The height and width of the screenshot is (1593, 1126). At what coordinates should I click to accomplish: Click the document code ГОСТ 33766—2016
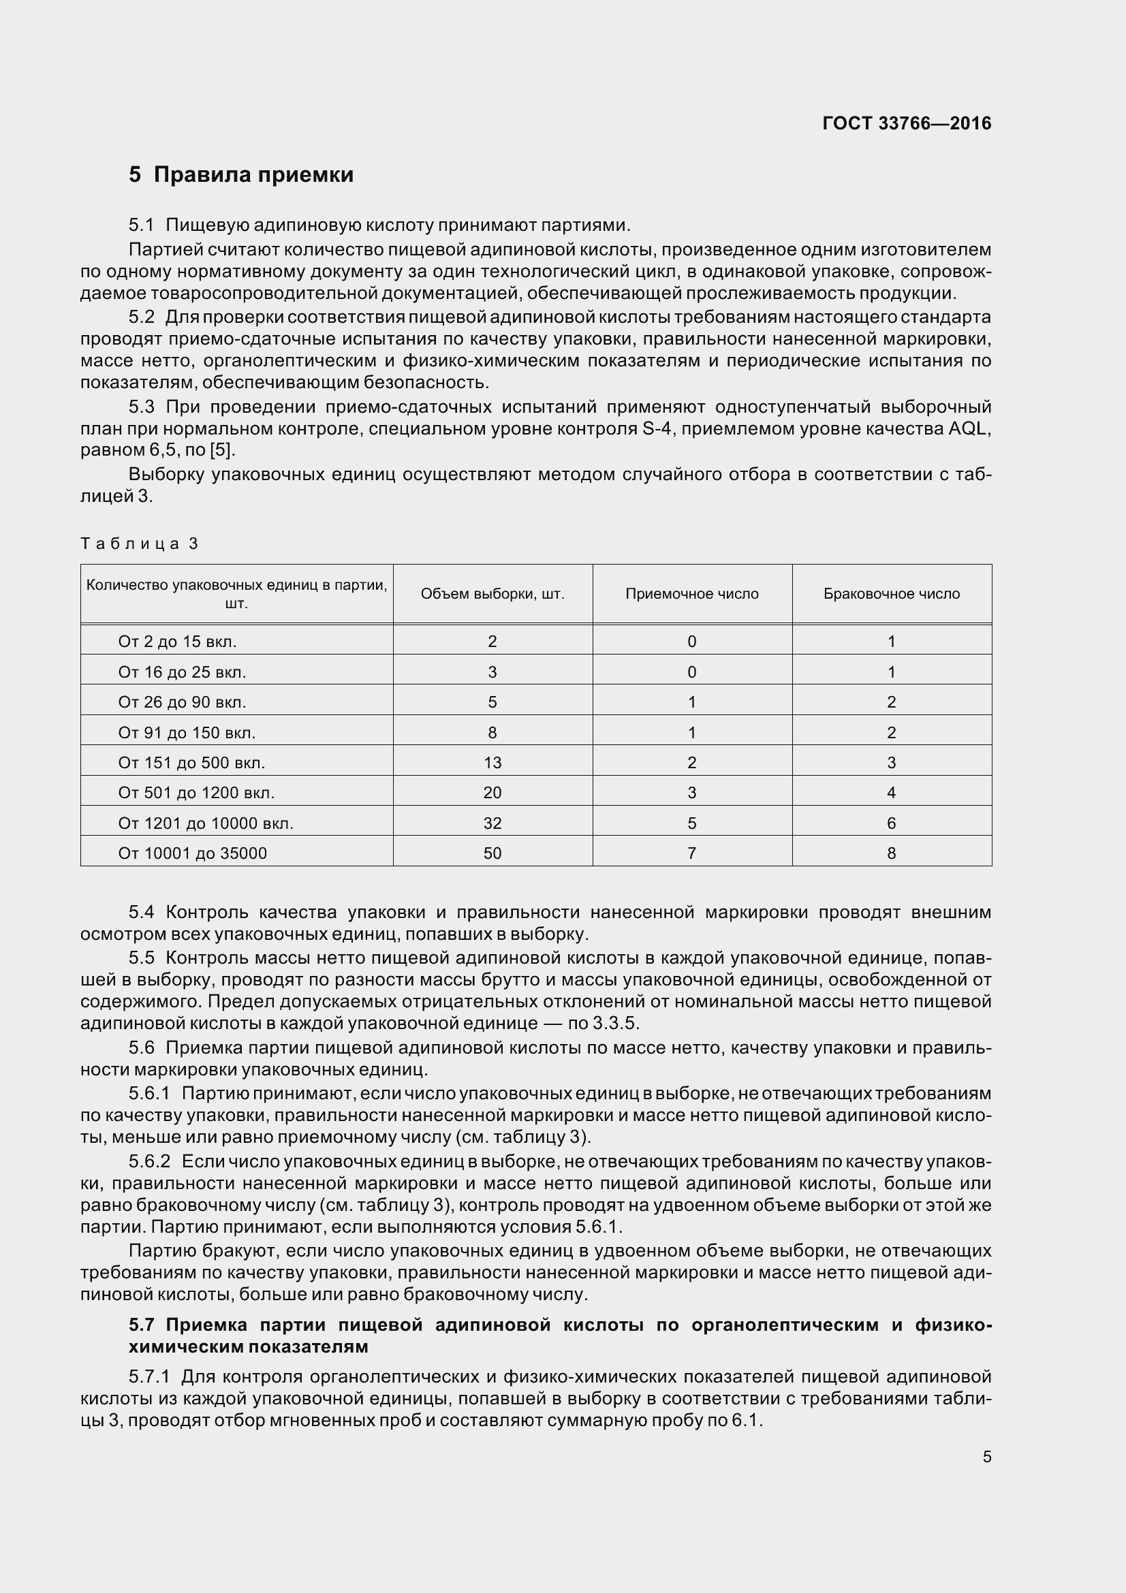point(906,123)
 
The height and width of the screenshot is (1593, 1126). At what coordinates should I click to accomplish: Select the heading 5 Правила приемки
point(240,175)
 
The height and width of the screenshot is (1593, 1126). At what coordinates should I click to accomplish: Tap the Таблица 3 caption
point(140,543)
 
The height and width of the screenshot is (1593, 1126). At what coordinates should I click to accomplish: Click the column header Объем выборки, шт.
point(492,594)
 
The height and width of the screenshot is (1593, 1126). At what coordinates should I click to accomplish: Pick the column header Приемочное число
point(691,594)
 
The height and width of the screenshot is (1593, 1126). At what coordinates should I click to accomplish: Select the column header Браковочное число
point(891,594)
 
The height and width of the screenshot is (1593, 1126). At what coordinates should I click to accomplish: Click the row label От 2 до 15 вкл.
point(177,642)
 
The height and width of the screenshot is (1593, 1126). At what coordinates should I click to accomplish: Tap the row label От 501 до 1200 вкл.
point(196,793)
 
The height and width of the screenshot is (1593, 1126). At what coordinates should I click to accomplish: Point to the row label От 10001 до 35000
point(192,853)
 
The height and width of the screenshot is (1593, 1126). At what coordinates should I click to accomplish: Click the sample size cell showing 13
point(492,763)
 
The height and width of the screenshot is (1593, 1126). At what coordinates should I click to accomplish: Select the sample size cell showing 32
point(492,823)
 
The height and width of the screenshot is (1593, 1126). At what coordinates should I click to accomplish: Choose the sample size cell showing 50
point(492,853)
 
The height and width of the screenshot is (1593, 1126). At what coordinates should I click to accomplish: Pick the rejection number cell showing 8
point(891,853)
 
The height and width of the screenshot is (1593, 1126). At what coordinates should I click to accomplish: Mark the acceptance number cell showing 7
point(691,853)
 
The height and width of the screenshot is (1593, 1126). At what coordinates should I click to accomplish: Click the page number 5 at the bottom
point(986,1457)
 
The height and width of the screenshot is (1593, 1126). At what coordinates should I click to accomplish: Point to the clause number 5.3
point(141,407)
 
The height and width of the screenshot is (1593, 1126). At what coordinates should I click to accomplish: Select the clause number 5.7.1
point(149,1376)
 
